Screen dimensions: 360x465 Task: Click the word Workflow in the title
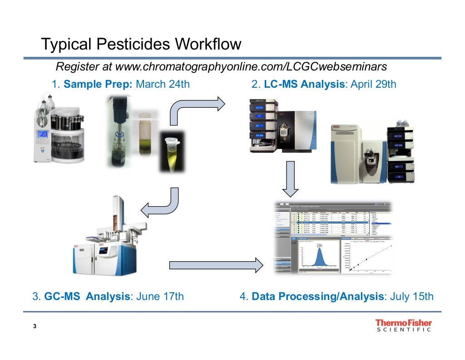pyautogui.click(x=207, y=45)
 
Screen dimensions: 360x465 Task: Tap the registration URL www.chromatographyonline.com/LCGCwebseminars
pyautogui.click(x=251, y=67)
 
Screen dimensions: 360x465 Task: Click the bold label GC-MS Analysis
pyautogui.click(x=87, y=297)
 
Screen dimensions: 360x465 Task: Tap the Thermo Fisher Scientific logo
pyautogui.click(x=403, y=326)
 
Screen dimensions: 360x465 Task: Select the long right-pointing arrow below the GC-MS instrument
pyautogui.click(x=216, y=265)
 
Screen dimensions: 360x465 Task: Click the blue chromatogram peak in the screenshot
pyautogui.click(x=319, y=256)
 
